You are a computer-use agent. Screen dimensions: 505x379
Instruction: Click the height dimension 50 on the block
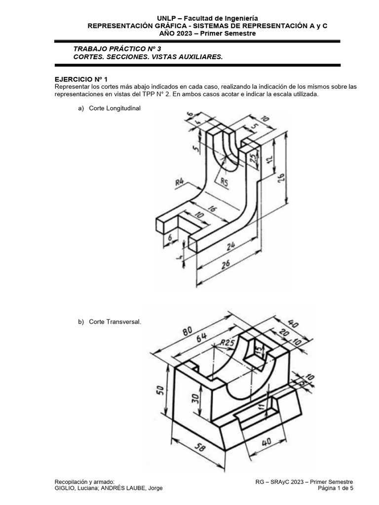click(160, 390)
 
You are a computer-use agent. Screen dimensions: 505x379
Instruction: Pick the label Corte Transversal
click(115, 322)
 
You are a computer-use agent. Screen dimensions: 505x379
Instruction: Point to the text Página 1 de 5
click(336, 488)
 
